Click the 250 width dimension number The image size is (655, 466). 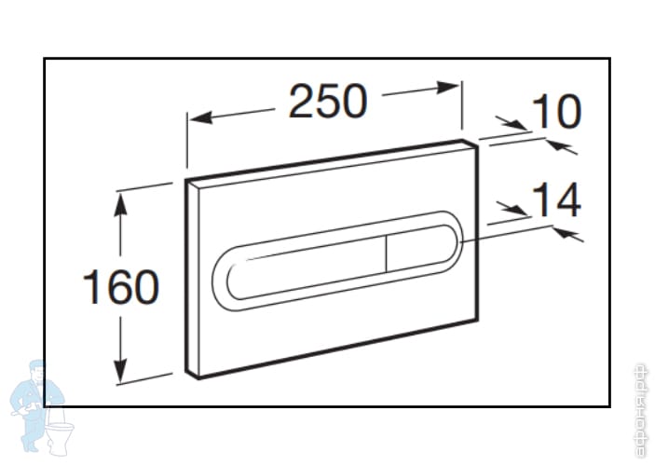(327, 102)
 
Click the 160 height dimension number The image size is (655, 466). (120, 287)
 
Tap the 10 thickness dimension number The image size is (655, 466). (555, 113)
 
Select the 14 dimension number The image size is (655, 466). (555, 200)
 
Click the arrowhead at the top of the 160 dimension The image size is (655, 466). (120, 198)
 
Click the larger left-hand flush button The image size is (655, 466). (307, 266)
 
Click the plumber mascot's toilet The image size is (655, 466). (60, 433)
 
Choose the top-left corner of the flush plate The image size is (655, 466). (186, 179)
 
